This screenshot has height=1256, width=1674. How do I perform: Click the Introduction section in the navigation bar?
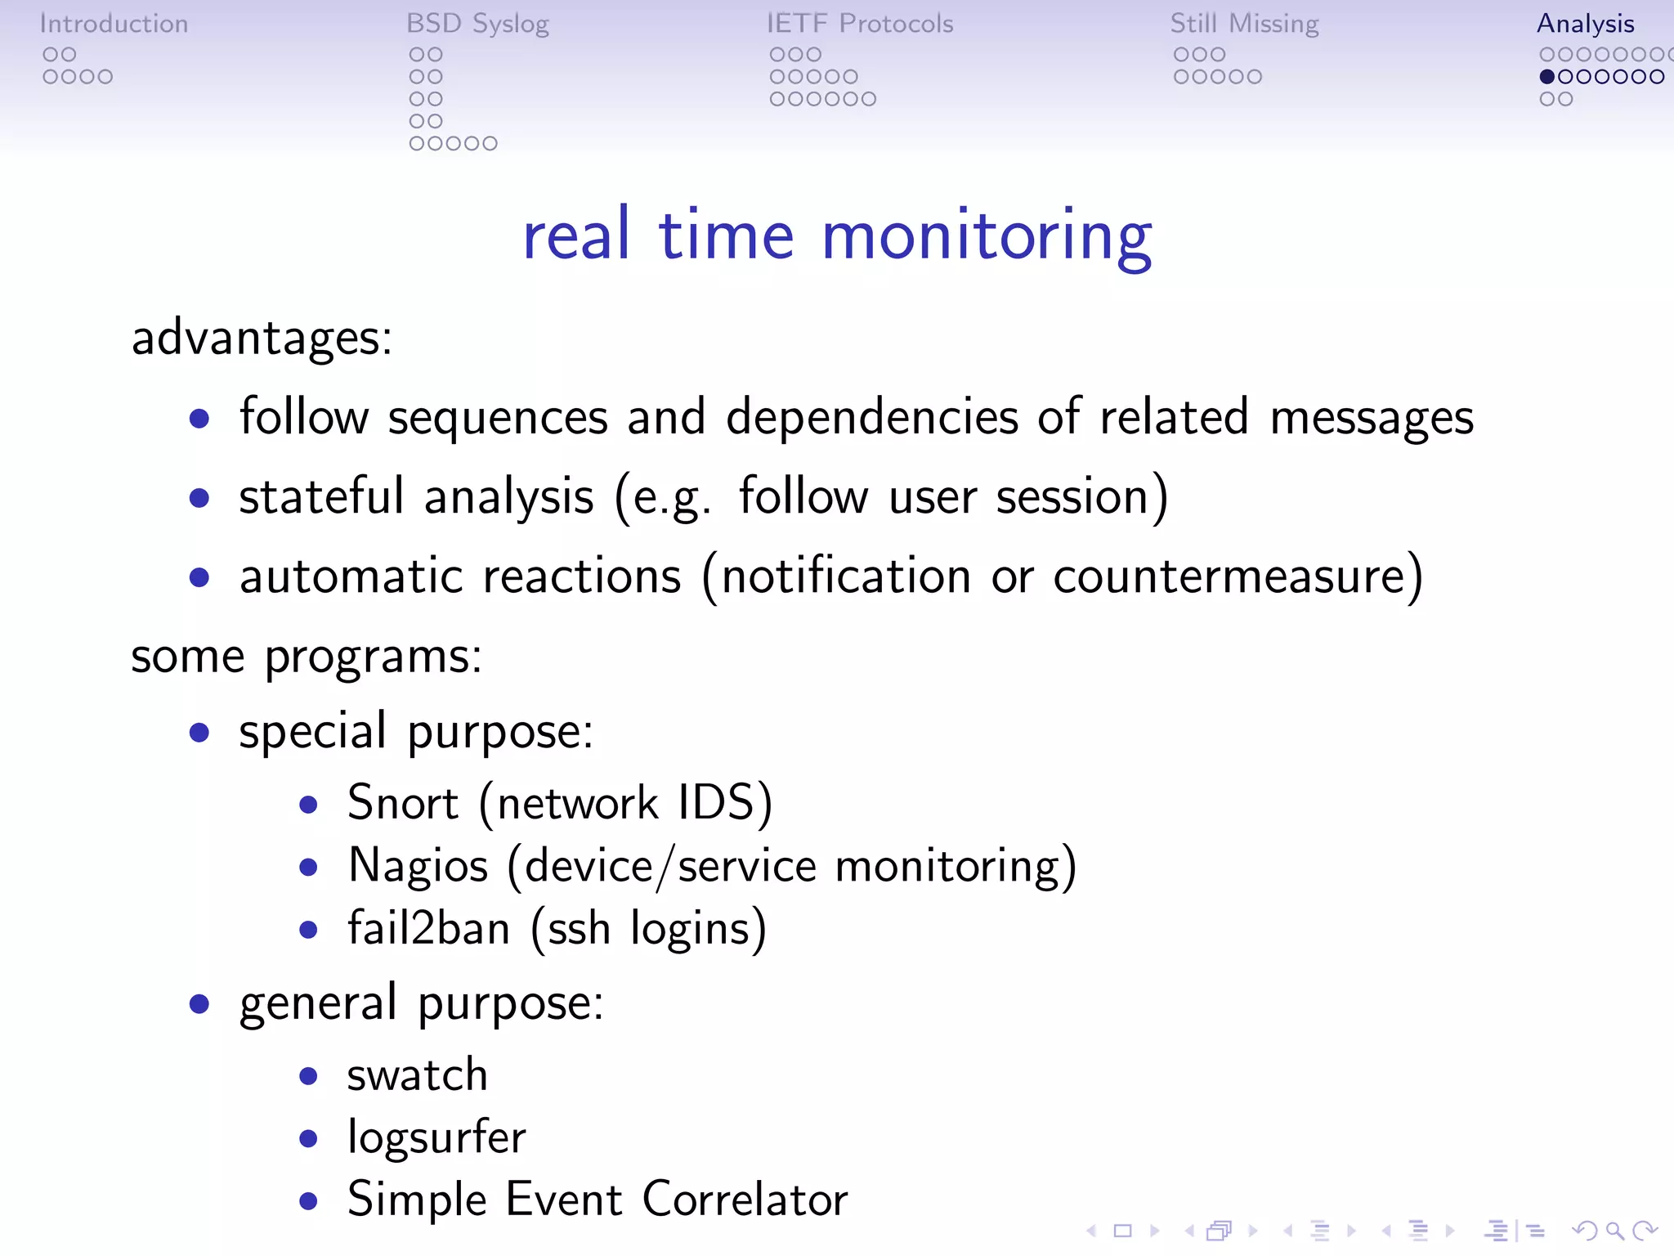click(114, 24)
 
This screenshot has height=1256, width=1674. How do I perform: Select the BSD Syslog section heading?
click(477, 24)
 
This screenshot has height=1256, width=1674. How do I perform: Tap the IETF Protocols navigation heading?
click(860, 24)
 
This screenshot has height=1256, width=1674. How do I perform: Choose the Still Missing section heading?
click(1244, 24)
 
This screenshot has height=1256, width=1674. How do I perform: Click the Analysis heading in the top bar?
click(1585, 24)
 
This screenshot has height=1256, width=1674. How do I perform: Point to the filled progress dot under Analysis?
click(1546, 77)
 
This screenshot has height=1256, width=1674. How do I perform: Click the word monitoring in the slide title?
click(987, 236)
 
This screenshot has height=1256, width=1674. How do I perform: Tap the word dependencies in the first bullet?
click(872, 417)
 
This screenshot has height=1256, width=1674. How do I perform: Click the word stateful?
click(321, 496)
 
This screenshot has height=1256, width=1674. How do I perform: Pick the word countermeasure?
click(1230, 576)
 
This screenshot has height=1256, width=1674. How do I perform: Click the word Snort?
click(402, 802)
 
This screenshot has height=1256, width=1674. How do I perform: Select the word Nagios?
click(418, 865)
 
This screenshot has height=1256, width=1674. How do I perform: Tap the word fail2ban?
click(429, 928)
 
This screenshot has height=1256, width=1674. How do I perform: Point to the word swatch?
click(417, 1074)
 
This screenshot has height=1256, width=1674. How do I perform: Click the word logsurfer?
click(436, 1137)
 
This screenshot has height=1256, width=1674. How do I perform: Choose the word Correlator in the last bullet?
click(745, 1200)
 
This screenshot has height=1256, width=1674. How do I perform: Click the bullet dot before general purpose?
click(199, 1003)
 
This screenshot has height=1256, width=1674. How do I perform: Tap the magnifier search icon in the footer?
click(1614, 1231)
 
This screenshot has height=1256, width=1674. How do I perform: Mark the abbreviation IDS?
click(716, 802)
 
